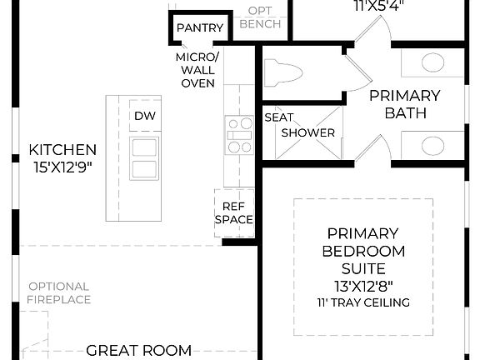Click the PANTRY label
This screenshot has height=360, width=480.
coord(200,28)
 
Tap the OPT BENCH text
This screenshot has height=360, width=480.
coord(260,17)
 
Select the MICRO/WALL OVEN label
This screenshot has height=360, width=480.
coord(197,70)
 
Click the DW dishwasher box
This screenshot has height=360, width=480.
coord(145,116)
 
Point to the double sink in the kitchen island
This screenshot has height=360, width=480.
coord(145,158)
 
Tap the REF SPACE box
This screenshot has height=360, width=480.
coord(233,212)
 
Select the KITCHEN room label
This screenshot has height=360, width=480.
coord(62,150)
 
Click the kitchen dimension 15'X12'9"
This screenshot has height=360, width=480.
coord(62,167)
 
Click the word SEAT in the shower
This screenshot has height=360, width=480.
coord(277,117)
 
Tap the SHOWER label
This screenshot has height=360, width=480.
coord(307,132)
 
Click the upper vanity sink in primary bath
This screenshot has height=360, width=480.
coord(432,62)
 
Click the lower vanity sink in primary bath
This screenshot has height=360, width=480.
coord(432,144)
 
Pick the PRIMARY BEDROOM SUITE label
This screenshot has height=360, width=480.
coord(362,251)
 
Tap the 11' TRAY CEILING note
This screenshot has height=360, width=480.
coord(362,302)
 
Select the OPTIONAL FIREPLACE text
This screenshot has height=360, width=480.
coord(58,292)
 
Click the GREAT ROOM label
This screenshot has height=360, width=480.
coord(139,351)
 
